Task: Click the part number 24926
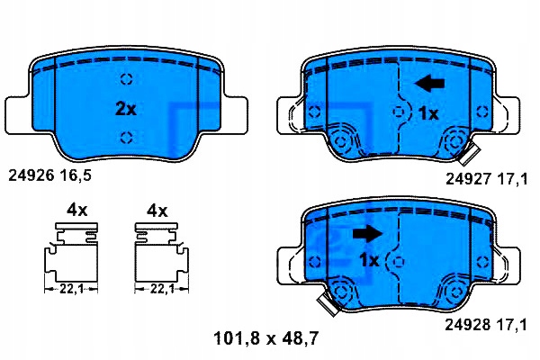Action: pos(31,175)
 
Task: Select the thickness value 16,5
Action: pos(76,176)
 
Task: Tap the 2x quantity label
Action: pos(126,109)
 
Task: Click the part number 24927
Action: pos(468,179)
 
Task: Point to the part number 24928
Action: pos(468,325)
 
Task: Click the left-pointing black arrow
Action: pos(430,84)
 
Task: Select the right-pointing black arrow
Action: pos(367,233)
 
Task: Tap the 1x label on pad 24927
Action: pos(428,113)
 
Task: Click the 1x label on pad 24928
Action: pos(369,260)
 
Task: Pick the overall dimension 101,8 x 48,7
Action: pos(266,338)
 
